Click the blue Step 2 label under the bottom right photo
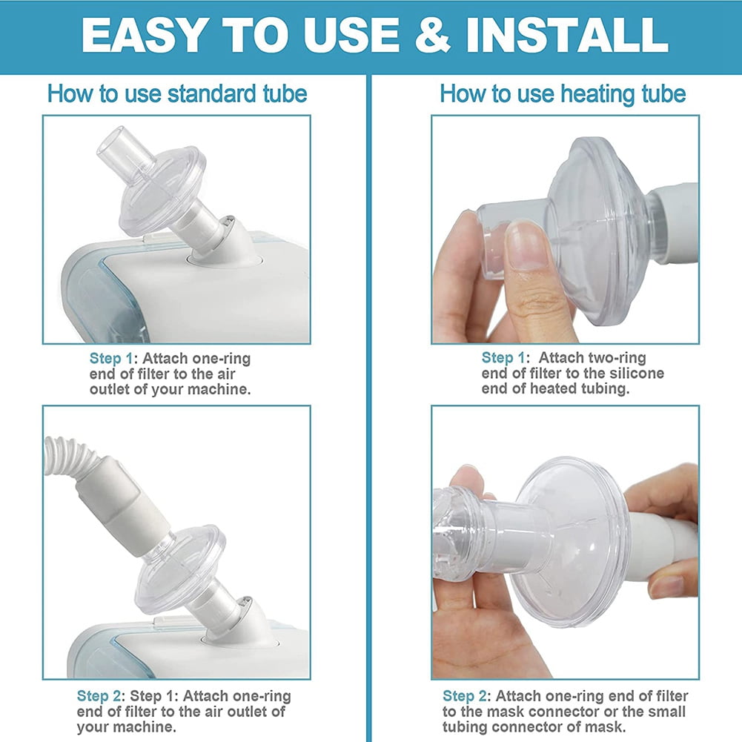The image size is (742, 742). coord(465,696)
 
